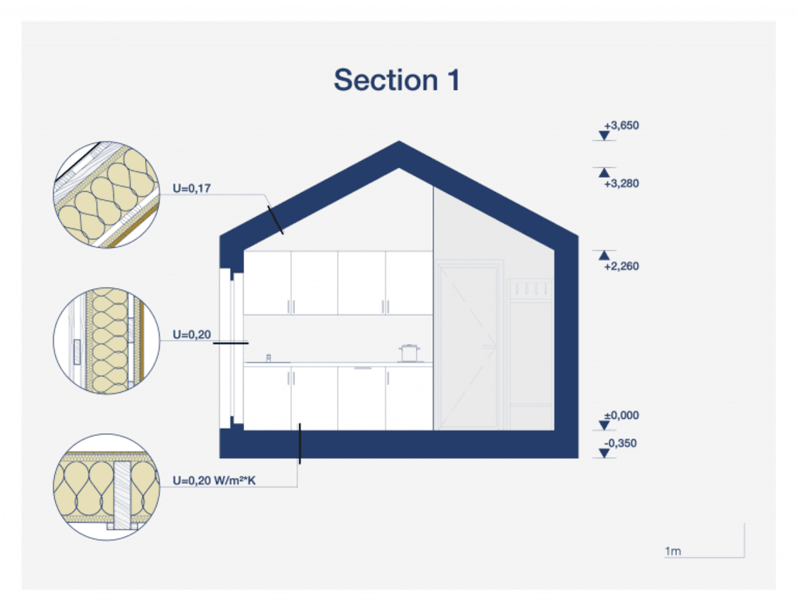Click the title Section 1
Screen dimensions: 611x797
[x=396, y=80]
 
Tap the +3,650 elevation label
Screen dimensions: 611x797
[x=622, y=126]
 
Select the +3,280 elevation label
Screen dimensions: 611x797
[x=622, y=183]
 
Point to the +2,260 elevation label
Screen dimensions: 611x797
[x=622, y=266]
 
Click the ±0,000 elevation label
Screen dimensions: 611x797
[x=622, y=416]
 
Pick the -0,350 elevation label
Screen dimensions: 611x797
[x=622, y=444]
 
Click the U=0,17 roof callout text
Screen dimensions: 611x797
[x=191, y=189]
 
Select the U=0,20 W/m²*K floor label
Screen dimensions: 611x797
[x=214, y=481]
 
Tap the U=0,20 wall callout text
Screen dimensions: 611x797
[x=191, y=335]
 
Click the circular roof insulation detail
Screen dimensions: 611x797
[x=106, y=195]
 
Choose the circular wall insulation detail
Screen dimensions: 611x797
[x=106, y=340]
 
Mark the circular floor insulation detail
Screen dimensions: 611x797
[x=106, y=488]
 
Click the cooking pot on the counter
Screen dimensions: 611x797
[x=410, y=353]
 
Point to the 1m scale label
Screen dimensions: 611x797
[x=672, y=551]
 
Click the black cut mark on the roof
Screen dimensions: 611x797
[x=275, y=219]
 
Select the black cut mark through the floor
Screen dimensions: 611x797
[x=300, y=444]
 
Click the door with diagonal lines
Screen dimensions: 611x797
[x=469, y=348]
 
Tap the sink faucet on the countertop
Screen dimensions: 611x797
[x=269, y=358]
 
